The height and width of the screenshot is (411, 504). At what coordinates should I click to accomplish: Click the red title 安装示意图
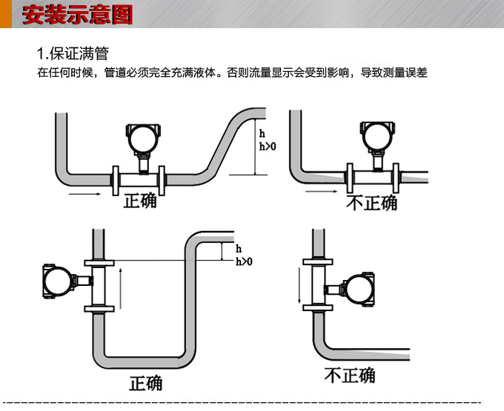click(77, 15)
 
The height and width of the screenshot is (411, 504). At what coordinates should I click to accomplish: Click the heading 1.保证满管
click(73, 54)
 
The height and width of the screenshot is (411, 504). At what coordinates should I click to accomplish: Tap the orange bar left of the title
click(6, 14)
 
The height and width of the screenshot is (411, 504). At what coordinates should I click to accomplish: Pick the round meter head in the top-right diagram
click(376, 136)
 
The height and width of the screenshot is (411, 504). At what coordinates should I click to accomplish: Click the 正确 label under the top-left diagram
click(140, 201)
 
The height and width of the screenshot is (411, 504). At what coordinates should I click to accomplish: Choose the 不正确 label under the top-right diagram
click(372, 202)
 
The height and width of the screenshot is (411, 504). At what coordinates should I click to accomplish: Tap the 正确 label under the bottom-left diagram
click(145, 383)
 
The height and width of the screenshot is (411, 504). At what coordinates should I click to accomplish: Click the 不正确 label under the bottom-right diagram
click(349, 375)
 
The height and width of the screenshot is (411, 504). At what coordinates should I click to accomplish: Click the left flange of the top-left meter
click(116, 178)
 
